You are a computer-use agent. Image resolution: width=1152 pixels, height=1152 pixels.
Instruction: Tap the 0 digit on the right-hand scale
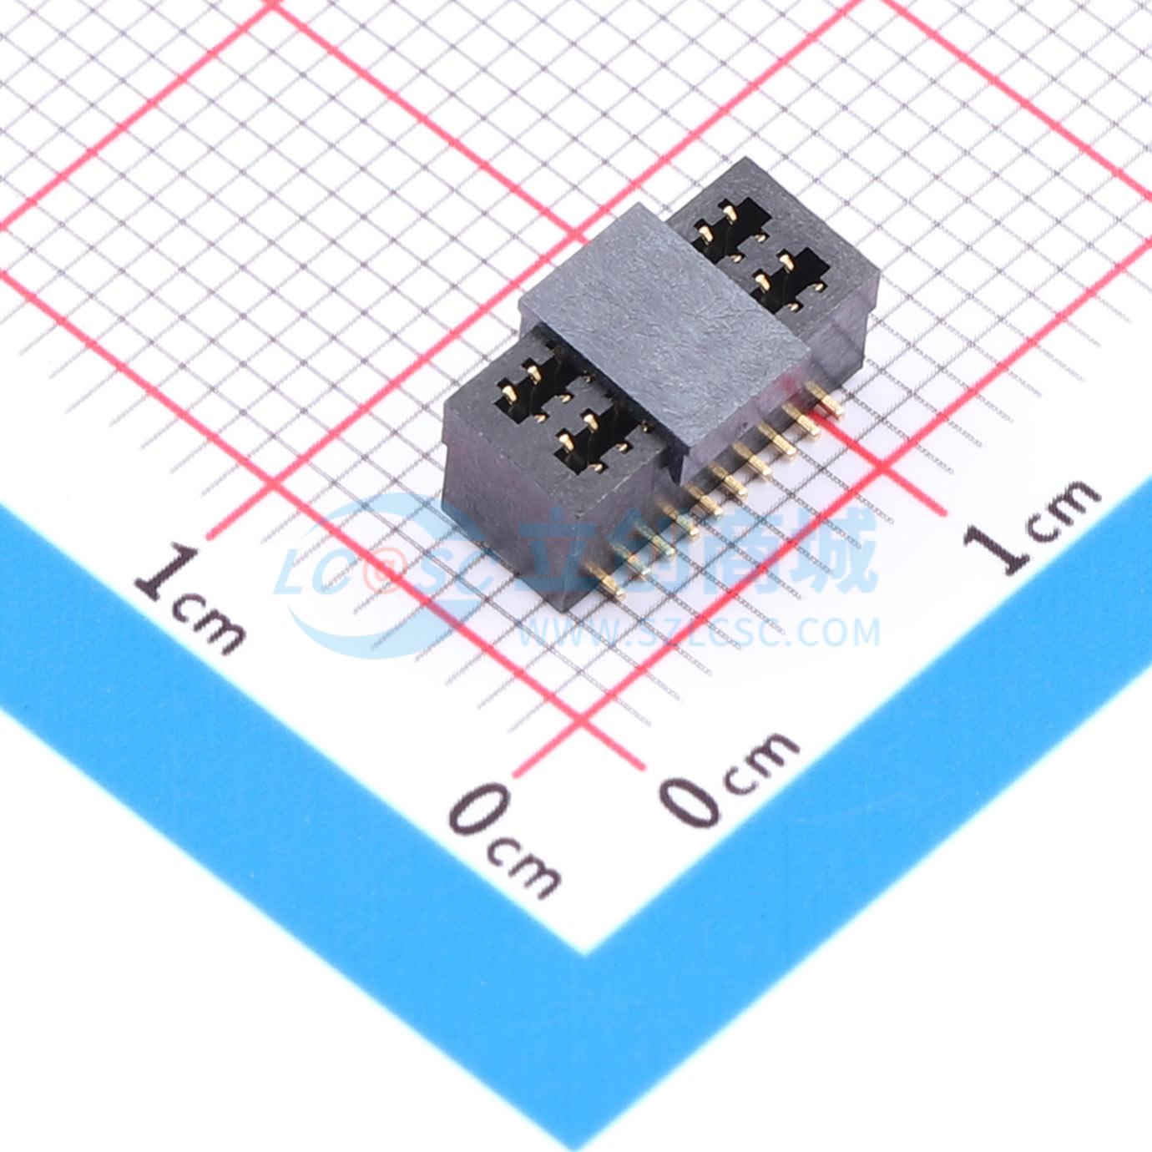coord(693,801)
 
